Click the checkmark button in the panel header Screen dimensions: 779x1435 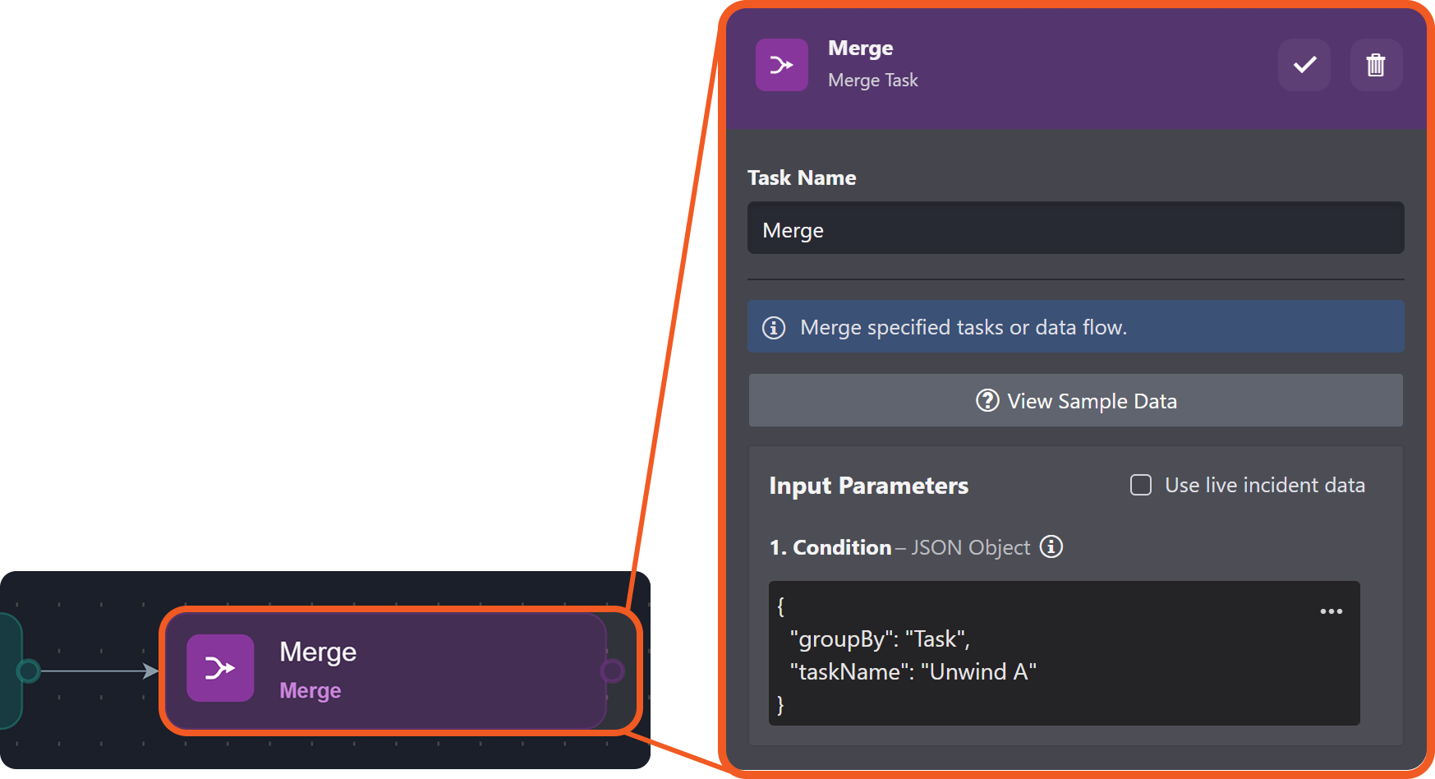1304,65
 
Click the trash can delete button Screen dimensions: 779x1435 1376,65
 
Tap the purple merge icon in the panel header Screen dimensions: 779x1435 781,65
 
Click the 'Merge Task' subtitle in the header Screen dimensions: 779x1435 872,81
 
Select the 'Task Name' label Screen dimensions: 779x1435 802,178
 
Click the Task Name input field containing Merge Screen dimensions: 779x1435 1074,229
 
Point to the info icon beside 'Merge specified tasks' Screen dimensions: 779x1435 774,328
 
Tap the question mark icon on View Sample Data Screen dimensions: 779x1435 987,401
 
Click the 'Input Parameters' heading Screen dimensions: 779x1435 868,486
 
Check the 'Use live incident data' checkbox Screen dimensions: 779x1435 1141,485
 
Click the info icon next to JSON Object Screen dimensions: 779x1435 1051,546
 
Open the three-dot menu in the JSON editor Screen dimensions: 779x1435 1331,611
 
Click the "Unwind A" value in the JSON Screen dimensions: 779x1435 978,672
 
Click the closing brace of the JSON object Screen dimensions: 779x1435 780,705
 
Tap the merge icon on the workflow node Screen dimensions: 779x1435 220,668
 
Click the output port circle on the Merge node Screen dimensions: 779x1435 612,671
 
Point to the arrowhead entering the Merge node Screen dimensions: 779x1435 151,671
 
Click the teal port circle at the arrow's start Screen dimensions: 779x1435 29,671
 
